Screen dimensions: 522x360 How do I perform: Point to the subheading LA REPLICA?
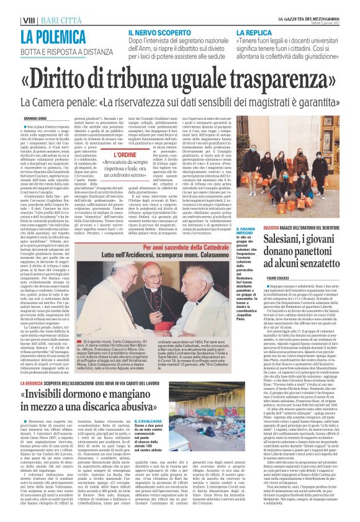point(254,32)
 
